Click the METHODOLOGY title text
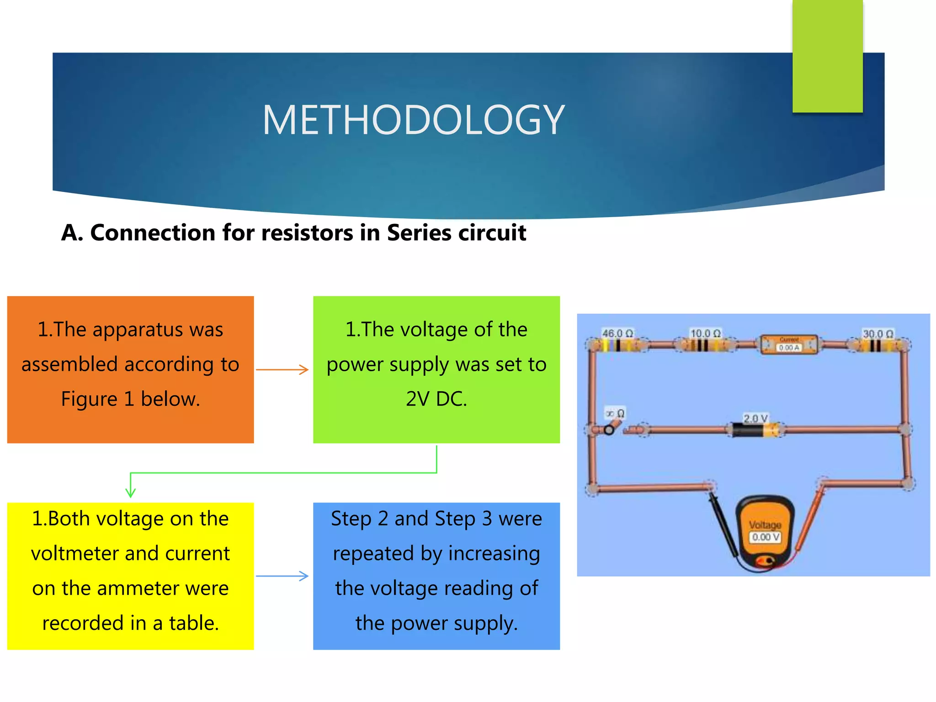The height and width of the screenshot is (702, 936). click(x=414, y=120)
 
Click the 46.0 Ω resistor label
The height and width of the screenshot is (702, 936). click(x=617, y=333)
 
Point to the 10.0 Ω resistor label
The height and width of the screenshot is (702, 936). click(x=705, y=333)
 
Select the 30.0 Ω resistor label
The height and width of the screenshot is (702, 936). click(x=877, y=334)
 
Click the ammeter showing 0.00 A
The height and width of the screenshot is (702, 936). click(x=789, y=345)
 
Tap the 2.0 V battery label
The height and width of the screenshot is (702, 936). click(x=755, y=418)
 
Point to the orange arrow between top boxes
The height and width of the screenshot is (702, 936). click(x=282, y=369)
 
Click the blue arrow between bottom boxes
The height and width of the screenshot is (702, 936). click(x=282, y=576)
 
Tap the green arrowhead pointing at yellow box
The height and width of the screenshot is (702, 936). click(x=131, y=493)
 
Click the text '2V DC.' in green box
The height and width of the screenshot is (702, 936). click(x=436, y=399)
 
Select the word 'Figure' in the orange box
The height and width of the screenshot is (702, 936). click(x=89, y=399)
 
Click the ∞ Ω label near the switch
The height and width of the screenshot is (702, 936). click(x=615, y=414)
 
